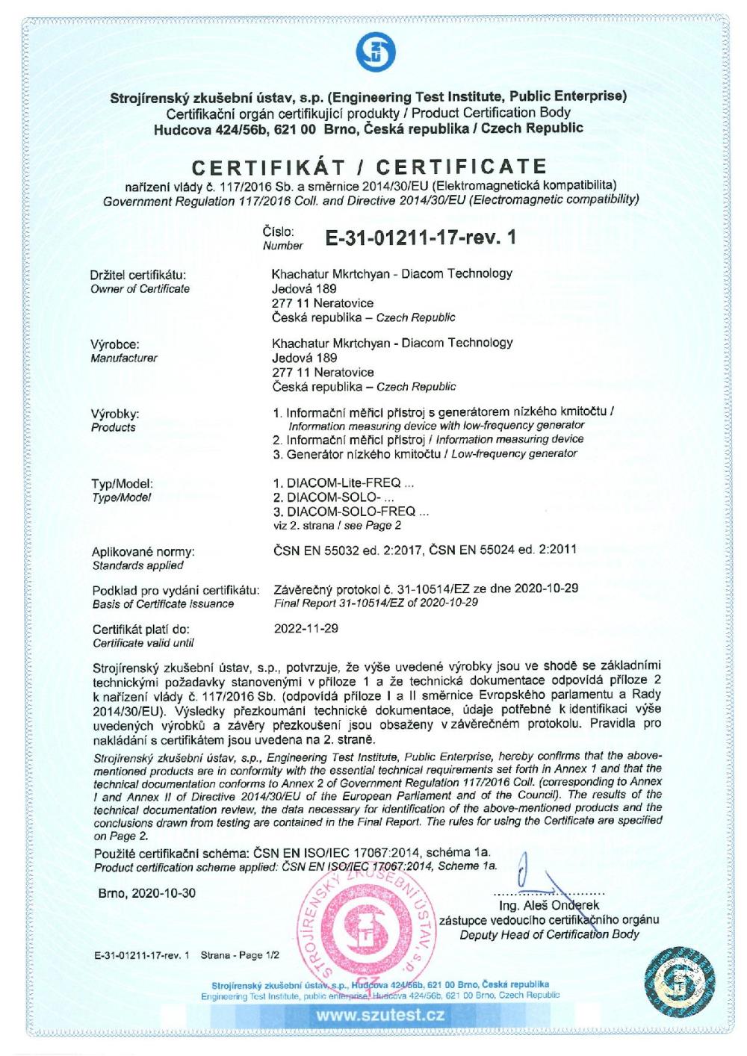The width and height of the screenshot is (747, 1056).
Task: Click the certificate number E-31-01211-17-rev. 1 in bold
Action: (421, 237)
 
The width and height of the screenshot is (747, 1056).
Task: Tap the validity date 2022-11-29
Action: (306, 628)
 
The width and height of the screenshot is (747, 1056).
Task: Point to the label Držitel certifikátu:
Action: (138, 275)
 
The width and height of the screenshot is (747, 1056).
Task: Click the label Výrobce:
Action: (115, 344)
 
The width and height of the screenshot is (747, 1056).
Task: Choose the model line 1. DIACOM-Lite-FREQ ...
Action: (344, 483)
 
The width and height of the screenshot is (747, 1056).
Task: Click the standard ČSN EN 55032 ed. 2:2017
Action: (346, 550)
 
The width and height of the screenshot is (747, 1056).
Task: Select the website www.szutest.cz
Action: (380, 1015)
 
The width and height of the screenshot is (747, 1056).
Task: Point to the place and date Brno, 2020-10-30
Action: (146, 893)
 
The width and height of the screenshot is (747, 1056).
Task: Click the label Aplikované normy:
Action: (142, 552)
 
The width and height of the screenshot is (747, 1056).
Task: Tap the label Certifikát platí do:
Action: (140, 630)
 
